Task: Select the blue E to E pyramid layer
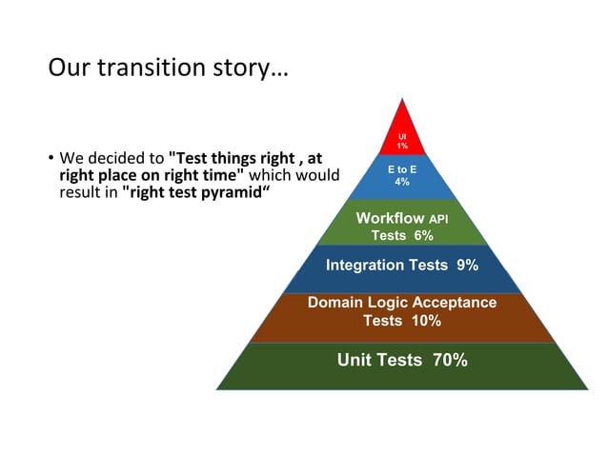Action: [402, 175]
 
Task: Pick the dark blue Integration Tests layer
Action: [402, 266]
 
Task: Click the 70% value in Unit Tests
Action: [450, 360]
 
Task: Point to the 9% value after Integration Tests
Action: [467, 266]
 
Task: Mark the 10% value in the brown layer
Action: [425, 321]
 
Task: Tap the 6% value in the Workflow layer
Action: [423, 236]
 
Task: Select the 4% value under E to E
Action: [402, 182]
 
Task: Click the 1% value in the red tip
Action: [402, 146]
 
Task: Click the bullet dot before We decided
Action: [51, 158]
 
